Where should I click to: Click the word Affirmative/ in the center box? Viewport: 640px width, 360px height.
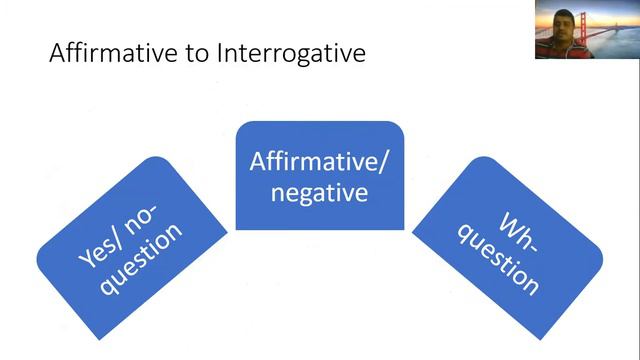point(319,160)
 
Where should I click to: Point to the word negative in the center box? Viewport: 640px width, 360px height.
point(319,191)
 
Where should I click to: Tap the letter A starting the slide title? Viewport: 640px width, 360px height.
point(57,53)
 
